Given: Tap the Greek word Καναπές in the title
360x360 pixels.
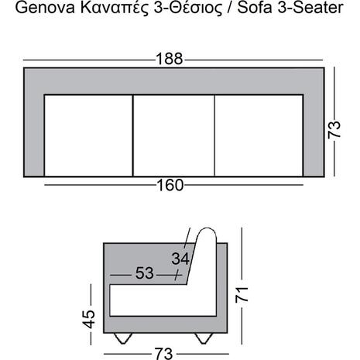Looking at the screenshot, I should coord(108,9).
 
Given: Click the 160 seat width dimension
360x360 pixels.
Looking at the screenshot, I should coord(170,185).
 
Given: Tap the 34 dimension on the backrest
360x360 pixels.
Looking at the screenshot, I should coord(180,257).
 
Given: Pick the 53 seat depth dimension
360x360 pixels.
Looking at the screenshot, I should coord(144,274).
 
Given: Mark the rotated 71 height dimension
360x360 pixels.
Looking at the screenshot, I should coord(242,295).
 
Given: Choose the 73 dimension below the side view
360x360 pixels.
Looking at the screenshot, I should coord(163,353).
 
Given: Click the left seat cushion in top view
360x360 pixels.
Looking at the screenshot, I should coord(89,133).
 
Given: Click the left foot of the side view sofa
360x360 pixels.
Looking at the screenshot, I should coord(123,338).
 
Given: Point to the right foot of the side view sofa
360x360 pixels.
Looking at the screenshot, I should coord(205,338).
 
